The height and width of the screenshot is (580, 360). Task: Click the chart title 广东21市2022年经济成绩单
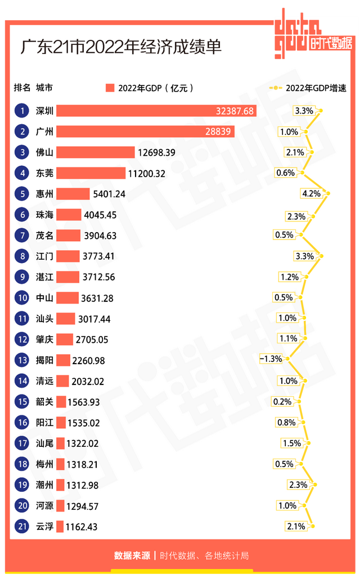coord(121,47)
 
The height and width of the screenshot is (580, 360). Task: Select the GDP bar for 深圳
coord(156,111)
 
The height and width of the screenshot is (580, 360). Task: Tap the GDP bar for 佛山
coord(96,152)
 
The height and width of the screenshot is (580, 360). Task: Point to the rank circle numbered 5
coord(22,194)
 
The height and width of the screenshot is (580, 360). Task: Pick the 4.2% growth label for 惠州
coord(311,194)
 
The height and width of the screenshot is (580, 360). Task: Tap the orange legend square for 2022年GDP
coord(110,88)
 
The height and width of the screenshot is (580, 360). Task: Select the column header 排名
coord(22,88)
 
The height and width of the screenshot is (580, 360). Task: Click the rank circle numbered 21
coord(22,526)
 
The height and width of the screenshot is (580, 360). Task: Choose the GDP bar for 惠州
coord(73,194)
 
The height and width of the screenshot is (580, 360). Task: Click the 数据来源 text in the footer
coord(132,556)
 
